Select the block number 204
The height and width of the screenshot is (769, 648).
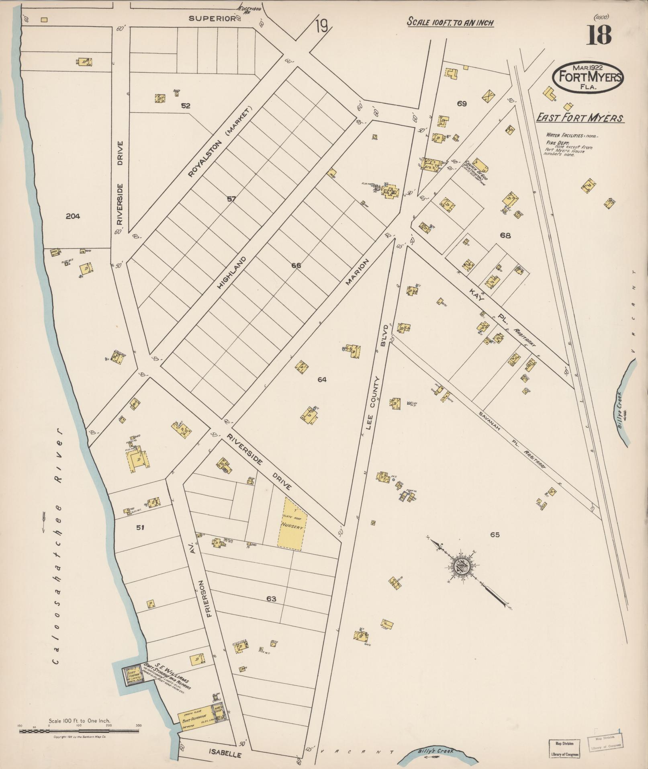[73, 216]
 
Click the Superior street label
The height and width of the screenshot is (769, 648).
[212, 18]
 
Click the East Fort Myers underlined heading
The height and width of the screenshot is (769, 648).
[580, 118]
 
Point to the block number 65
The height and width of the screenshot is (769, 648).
[495, 535]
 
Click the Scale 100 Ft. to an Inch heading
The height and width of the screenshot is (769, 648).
[450, 23]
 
